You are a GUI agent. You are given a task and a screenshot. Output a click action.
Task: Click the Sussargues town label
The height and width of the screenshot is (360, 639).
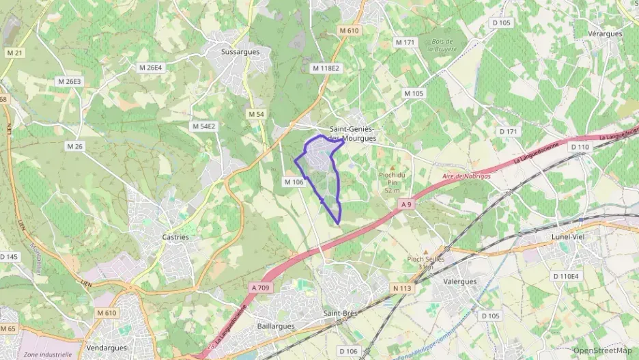click(236, 51)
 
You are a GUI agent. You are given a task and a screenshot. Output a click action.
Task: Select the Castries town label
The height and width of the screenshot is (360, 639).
click(175, 237)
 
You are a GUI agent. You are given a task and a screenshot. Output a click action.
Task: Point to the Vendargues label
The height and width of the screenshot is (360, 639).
click(106, 348)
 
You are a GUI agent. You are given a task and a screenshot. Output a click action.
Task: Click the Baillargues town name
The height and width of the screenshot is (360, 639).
click(276, 326)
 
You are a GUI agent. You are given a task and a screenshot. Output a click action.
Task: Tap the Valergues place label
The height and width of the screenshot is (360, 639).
click(459, 281)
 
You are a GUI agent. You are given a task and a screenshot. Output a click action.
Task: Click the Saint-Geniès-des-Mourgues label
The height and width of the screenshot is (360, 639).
click(353, 133)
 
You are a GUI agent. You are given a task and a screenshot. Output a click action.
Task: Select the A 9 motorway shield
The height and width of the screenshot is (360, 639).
click(407, 204)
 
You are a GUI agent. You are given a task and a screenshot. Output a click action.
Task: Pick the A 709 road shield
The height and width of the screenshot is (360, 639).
click(261, 288)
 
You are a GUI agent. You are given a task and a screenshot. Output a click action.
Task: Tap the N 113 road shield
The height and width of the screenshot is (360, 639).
click(403, 288)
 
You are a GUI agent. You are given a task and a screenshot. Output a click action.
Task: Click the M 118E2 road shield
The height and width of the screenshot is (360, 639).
click(325, 68)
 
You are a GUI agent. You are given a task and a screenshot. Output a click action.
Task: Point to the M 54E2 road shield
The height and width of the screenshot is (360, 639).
click(203, 126)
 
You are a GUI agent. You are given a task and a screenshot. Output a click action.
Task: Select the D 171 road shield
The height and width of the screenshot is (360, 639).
click(509, 131)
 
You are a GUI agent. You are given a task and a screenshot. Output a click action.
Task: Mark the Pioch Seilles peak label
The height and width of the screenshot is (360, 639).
click(426, 259)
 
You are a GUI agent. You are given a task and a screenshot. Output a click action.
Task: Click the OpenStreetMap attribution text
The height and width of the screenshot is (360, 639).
click(601, 350)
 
